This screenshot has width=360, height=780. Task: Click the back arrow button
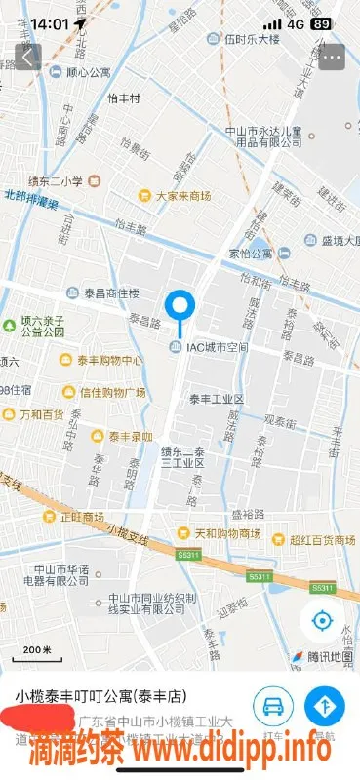click(x=27, y=56)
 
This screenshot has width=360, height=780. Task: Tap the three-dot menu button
click(x=333, y=56)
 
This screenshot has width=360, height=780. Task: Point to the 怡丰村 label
click(x=124, y=98)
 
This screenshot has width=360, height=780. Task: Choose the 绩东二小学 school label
click(x=62, y=180)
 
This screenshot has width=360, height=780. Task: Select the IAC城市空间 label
click(x=213, y=348)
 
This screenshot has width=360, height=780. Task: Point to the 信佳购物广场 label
click(x=111, y=393)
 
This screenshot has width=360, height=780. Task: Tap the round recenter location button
click(x=322, y=620)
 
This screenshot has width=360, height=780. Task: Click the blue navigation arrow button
click(x=323, y=704)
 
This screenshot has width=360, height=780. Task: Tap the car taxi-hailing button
click(x=273, y=704)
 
